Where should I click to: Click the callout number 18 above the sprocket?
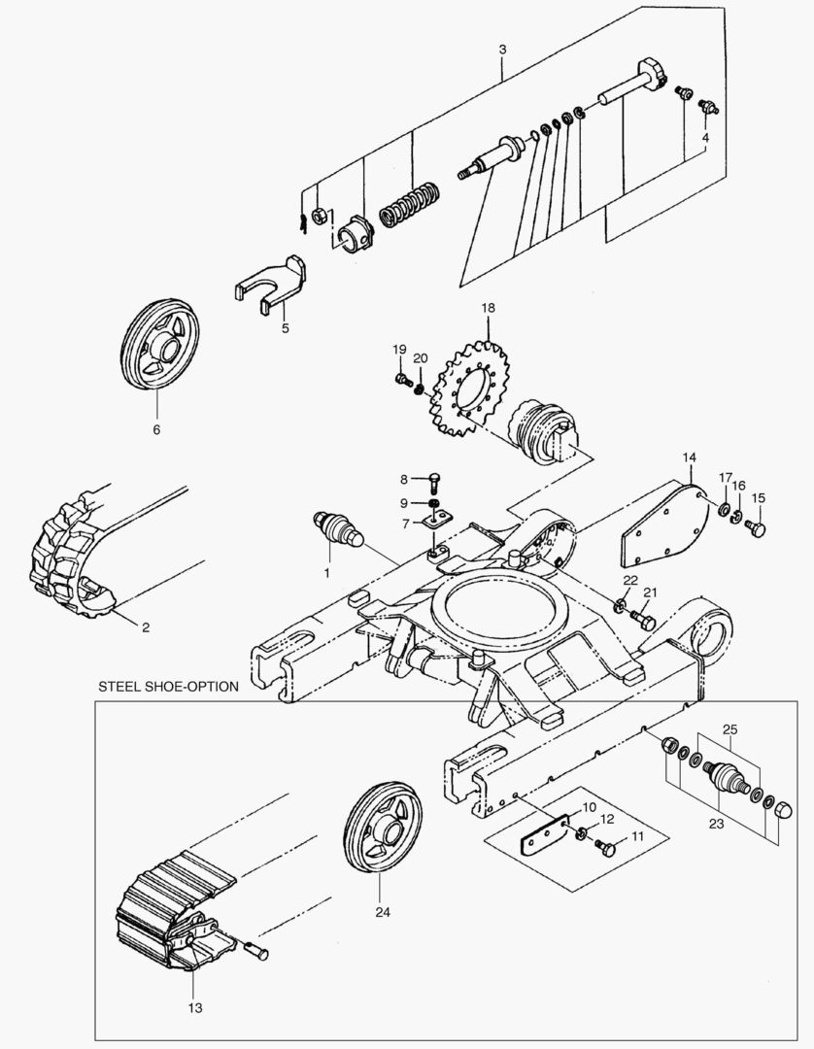click(x=488, y=308)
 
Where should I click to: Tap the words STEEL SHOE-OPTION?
click(x=168, y=687)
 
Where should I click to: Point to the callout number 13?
click(x=194, y=1008)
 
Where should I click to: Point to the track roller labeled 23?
click(x=725, y=778)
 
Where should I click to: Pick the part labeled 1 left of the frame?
click(x=337, y=528)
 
